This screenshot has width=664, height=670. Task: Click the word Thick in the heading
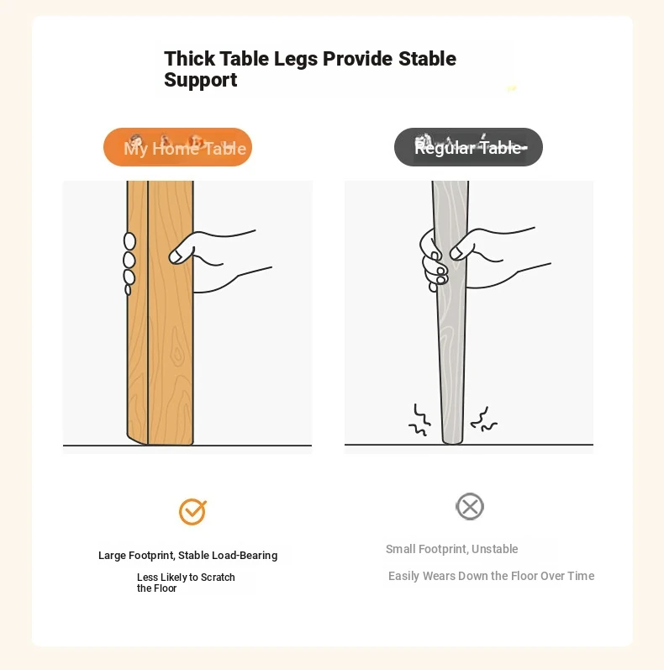pos(189,59)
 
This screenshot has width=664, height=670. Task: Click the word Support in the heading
pos(200,81)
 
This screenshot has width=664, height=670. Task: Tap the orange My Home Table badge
pos(177,147)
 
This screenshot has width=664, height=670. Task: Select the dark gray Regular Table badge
pos(468,147)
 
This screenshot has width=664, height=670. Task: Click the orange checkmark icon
pos(192,511)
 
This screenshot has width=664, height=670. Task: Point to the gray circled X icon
pos(470,507)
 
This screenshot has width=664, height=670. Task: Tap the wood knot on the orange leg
pos(177,351)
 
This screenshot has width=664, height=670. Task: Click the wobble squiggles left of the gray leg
pos(419,419)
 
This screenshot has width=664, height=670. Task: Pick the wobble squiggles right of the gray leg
pos(483,419)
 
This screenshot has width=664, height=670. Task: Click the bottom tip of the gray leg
pos(452,443)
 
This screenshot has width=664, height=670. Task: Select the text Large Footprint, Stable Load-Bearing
pos(188,555)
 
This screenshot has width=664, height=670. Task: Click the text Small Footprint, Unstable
pos(451,549)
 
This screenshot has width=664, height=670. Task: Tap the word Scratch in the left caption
pos(218,578)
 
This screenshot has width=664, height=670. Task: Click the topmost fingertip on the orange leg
pos(129,241)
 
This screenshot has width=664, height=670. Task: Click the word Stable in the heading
pos(427,59)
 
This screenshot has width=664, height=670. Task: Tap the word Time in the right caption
pos(581,576)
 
